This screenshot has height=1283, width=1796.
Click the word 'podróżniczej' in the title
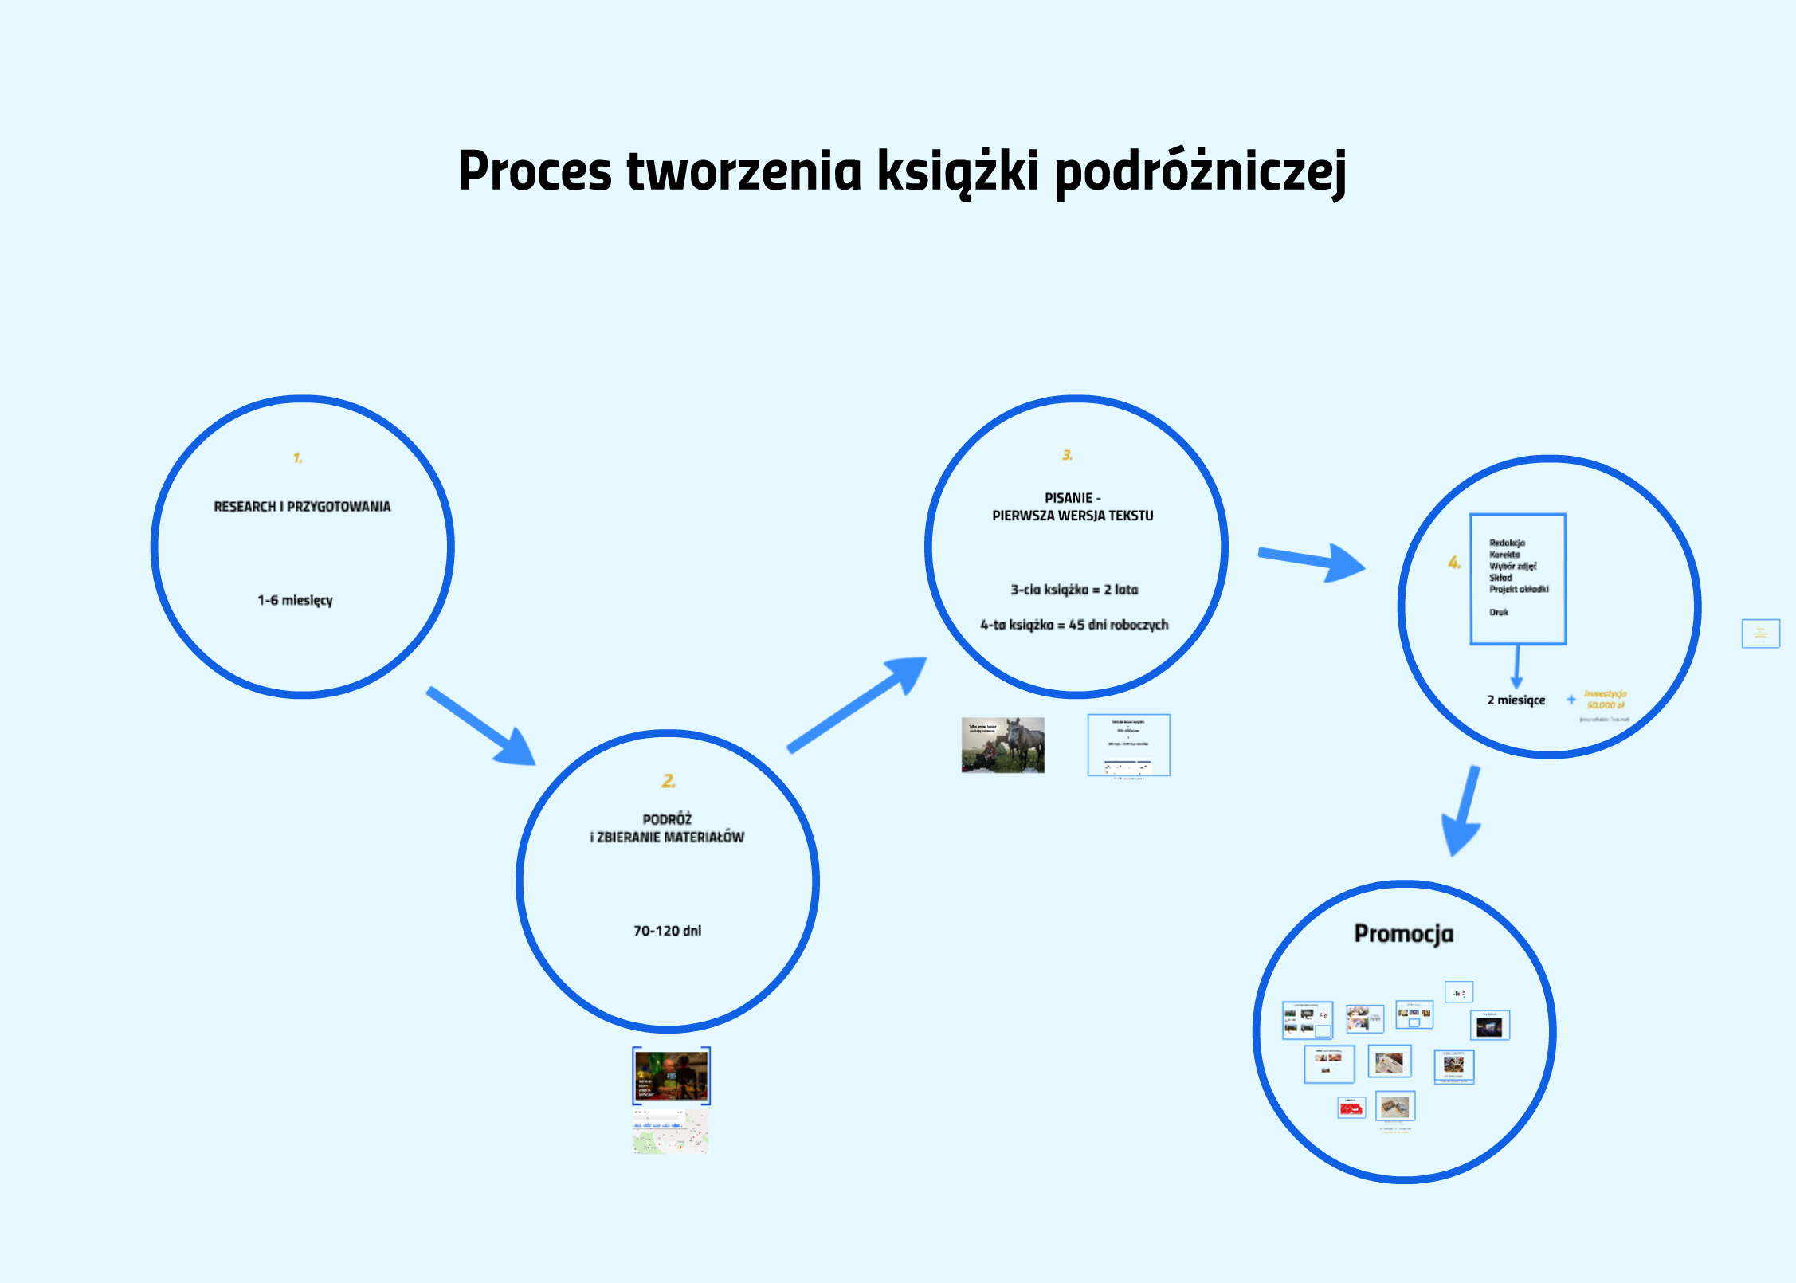point(1199,172)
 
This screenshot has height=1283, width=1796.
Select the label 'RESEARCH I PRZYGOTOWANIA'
point(302,507)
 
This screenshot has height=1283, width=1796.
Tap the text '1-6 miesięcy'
point(295,600)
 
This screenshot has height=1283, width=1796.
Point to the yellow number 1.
point(297,458)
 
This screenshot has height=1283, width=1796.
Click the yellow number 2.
point(668,781)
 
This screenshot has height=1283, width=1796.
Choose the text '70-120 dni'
point(667,931)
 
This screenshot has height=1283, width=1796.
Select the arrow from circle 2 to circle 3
point(859,703)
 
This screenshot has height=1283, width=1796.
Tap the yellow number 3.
point(1067,455)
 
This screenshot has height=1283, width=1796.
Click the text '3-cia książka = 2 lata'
point(1074,590)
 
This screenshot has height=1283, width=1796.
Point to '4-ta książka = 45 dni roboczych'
point(1074,625)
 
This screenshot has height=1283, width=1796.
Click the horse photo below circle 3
point(1002,745)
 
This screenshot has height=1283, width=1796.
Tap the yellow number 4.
point(1454,563)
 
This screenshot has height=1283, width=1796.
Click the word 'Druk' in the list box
point(1499,612)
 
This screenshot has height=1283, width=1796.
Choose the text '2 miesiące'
point(1516,700)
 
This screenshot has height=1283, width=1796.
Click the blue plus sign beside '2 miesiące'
point(1571,700)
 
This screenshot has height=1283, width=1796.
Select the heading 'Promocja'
point(1403,934)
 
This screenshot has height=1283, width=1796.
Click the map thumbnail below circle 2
point(670,1132)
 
